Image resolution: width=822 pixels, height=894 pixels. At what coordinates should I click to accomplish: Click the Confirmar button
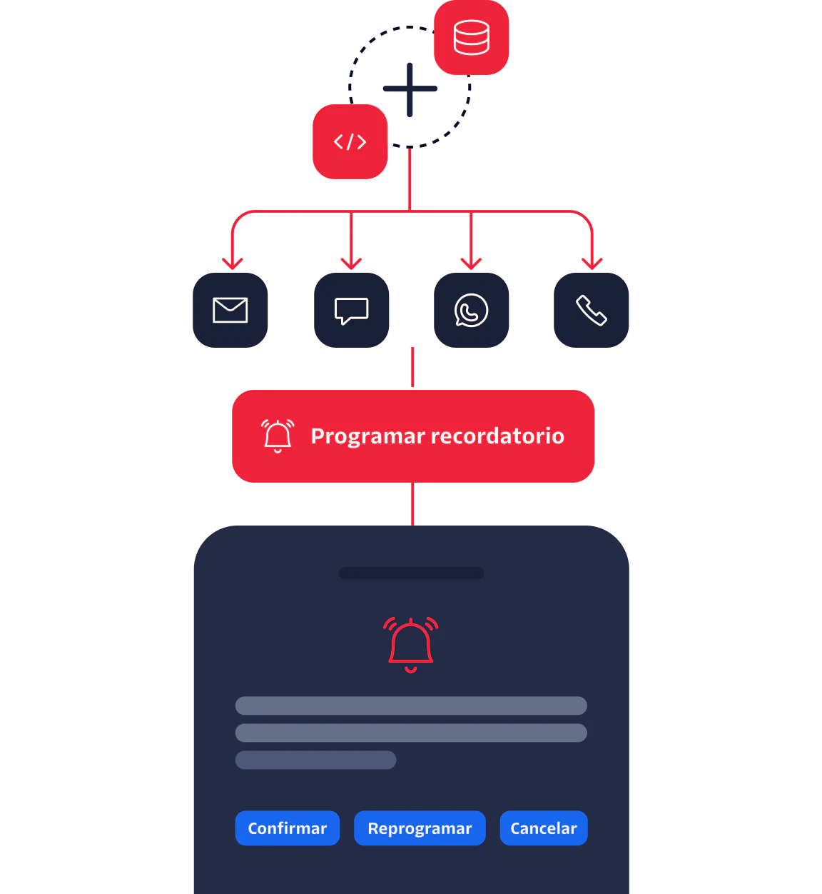287,828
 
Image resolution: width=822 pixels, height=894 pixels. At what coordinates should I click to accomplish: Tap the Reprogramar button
420,828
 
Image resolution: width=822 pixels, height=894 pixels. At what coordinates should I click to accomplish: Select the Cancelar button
543,828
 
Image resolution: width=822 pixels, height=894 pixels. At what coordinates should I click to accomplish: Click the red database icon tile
472,38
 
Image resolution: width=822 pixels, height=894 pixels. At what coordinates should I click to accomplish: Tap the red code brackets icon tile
350,141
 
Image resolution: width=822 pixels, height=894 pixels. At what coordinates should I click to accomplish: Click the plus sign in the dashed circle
410,89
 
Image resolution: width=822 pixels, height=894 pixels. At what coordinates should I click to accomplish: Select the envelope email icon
230,311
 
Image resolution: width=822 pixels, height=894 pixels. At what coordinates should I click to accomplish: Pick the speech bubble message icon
351,311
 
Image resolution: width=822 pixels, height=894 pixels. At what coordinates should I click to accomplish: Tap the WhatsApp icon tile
471,311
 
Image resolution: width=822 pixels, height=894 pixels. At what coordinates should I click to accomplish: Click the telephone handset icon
592,311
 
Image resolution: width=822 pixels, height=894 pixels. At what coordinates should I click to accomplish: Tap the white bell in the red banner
278,436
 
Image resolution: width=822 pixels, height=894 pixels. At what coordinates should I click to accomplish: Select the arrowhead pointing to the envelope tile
233,263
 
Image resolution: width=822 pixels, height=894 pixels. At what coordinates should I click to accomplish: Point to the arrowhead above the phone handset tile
592,263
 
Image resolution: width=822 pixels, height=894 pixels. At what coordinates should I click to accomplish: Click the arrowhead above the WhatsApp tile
471,263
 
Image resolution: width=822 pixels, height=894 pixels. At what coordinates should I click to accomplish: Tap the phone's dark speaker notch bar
411,573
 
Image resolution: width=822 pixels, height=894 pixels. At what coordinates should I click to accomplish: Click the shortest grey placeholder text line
315,760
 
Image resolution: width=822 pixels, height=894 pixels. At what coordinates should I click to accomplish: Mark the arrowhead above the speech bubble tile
351,263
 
